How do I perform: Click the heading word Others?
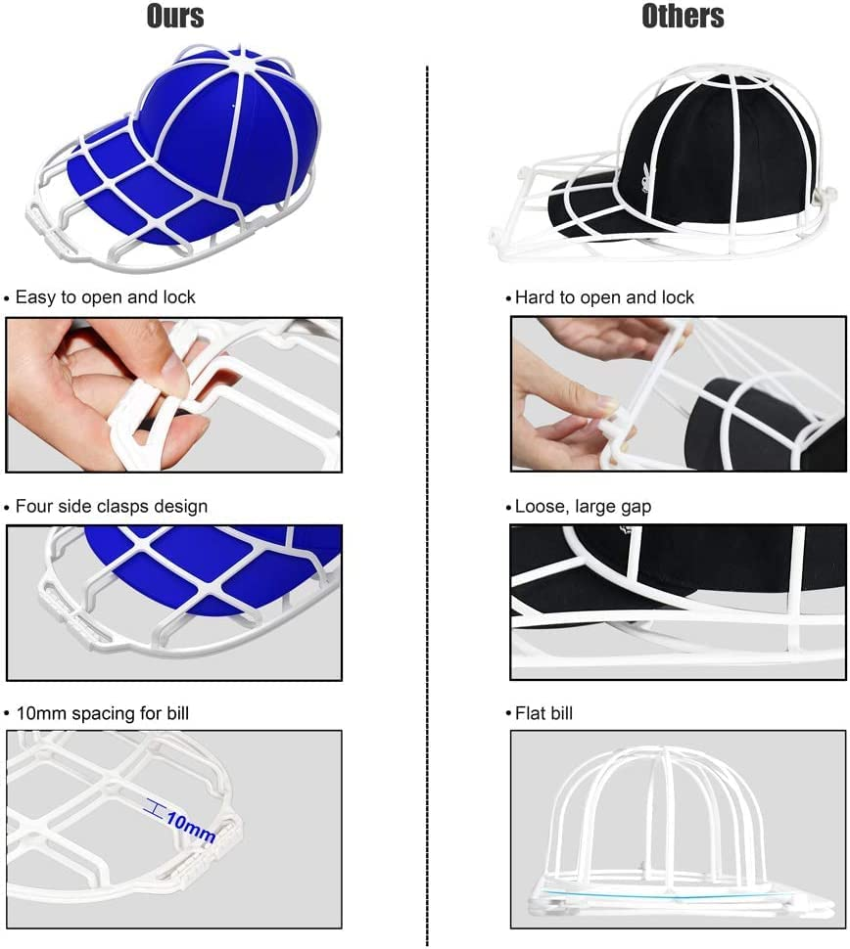(683, 16)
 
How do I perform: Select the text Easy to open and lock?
(105, 296)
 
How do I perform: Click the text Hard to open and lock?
(604, 296)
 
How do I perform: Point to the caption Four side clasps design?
(111, 507)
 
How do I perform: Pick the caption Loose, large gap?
(583, 507)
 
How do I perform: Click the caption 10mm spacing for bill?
(102, 713)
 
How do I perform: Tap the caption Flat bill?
(543, 713)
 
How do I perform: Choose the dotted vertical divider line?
(427, 489)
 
